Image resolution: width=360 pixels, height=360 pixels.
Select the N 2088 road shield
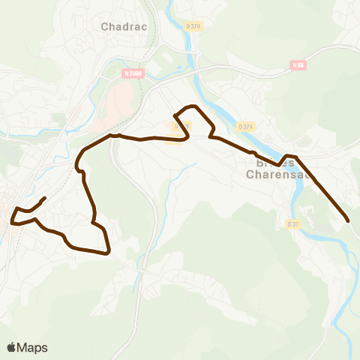(x=133, y=73)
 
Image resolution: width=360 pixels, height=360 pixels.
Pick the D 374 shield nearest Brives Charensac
(x=244, y=127)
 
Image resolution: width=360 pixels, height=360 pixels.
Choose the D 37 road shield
(x=292, y=223)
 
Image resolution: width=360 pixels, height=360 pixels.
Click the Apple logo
(x=12, y=347)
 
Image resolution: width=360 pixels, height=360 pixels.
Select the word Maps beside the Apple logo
(x=33, y=347)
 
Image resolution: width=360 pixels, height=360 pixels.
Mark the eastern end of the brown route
(x=349, y=220)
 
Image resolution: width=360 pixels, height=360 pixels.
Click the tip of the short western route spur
(x=45, y=198)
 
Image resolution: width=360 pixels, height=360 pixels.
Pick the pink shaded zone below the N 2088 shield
(x=119, y=106)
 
